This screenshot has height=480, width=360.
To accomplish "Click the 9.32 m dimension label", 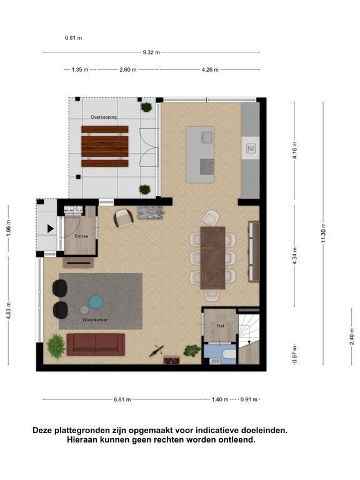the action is [151, 52].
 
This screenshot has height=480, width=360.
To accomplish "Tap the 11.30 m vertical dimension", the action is [324, 233].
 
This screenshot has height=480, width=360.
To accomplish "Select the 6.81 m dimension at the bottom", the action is [122, 399].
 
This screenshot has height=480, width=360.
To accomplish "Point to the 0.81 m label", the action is [74, 38].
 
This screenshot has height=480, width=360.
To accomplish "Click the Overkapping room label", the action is [104, 117].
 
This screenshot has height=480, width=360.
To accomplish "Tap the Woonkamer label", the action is [95, 320].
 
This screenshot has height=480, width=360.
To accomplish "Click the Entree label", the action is [81, 236].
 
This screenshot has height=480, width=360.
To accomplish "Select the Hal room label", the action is [221, 326].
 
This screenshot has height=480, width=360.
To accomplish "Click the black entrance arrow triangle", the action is [51, 229].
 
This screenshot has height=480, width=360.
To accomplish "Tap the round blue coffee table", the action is [96, 302].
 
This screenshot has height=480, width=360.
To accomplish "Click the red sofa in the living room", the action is [96, 344].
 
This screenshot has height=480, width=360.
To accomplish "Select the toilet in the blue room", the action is [229, 354].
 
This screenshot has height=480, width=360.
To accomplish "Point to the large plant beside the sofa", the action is [56, 346].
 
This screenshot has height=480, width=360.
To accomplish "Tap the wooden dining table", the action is [212, 258].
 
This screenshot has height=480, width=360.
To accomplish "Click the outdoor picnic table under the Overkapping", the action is [105, 146].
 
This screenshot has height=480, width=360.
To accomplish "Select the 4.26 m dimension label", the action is [210, 70].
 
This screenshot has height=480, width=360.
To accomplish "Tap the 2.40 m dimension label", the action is [352, 337].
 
